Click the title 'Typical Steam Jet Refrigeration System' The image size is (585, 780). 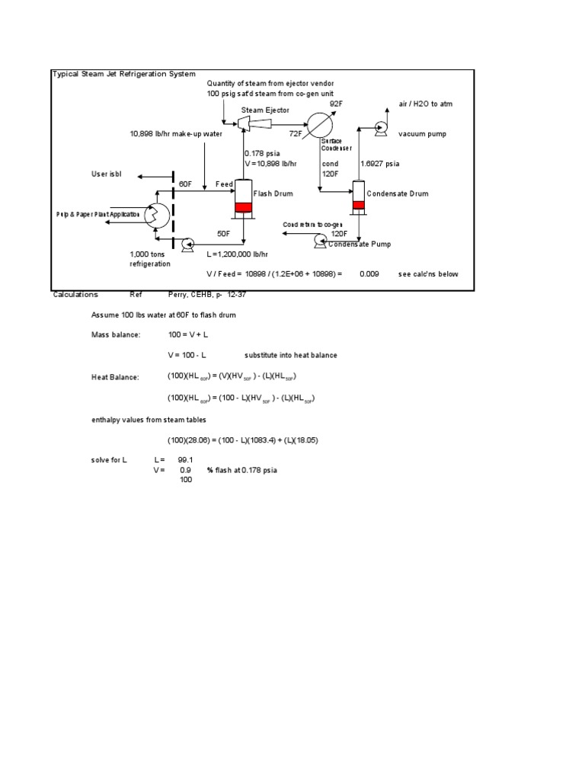tap(123, 74)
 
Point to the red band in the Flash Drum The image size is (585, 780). tap(243, 207)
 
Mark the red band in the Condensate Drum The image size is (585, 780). tap(359, 203)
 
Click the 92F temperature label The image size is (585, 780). tap(336, 103)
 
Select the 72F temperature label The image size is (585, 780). tap(296, 133)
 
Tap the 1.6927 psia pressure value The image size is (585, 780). tap(380, 163)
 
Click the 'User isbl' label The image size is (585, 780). tap(106, 175)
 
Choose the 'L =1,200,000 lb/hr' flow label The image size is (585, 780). tap(238, 254)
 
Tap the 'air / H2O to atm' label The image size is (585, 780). tap(427, 104)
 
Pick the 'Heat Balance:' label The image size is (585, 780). tap(115, 377)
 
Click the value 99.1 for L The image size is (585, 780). tap(185, 460)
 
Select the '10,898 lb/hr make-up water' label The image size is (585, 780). tap(176, 134)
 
